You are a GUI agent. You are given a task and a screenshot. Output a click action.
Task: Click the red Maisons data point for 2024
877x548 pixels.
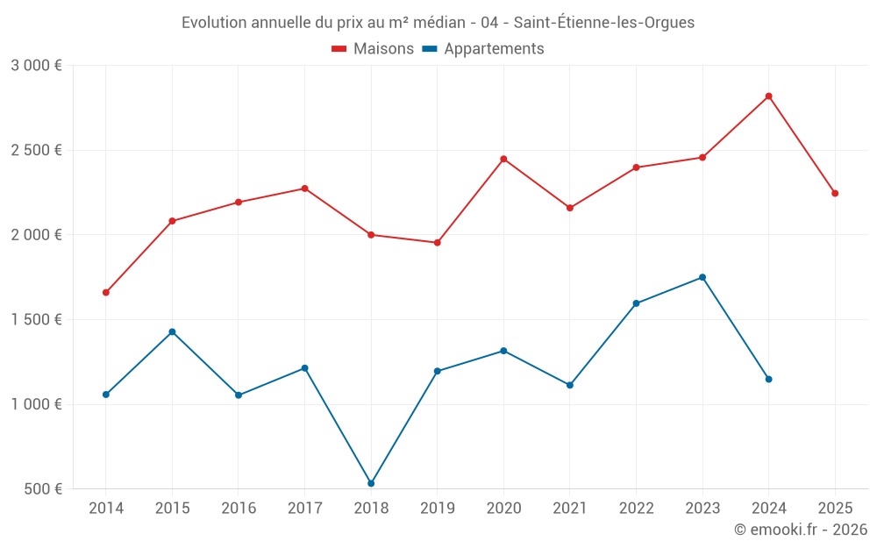(x=768, y=96)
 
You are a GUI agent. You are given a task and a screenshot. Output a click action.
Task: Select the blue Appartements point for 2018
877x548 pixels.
(x=371, y=483)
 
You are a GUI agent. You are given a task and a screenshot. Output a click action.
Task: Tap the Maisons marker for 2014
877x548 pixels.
(x=106, y=292)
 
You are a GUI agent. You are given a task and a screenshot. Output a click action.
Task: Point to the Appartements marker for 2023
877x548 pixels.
(x=702, y=277)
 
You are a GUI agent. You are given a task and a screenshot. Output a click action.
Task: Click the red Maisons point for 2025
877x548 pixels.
(x=835, y=193)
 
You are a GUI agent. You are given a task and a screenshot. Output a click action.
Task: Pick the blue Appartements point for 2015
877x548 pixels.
(x=172, y=331)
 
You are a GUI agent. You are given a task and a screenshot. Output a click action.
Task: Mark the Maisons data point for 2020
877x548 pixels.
(x=503, y=159)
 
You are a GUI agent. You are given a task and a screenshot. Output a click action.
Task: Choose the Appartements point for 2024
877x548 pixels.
(x=768, y=379)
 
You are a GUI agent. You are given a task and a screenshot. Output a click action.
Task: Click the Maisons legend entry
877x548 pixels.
(x=373, y=49)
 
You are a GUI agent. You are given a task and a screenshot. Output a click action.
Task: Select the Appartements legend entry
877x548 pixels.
(x=483, y=49)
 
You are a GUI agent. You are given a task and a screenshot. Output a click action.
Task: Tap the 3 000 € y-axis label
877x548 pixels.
(x=36, y=66)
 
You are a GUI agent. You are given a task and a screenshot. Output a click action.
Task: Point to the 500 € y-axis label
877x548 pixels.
(x=42, y=489)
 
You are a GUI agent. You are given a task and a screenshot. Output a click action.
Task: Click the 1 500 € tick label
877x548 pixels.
(x=36, y=320)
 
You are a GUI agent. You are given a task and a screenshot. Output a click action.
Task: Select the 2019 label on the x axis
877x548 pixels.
(x=437, y=509)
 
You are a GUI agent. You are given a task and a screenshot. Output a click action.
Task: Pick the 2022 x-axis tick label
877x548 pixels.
(x=636, y=509)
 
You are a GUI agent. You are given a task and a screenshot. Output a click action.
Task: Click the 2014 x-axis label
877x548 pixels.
(x=106, y=509)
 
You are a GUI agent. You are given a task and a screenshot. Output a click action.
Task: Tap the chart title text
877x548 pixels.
(x=438, y=23)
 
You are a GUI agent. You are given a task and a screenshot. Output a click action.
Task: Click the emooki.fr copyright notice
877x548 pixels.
(x=800, y=530)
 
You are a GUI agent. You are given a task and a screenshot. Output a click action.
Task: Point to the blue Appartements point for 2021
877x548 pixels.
(x=570, y=385)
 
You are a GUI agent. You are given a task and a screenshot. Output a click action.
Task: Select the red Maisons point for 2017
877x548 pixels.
(x=304, y=189)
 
